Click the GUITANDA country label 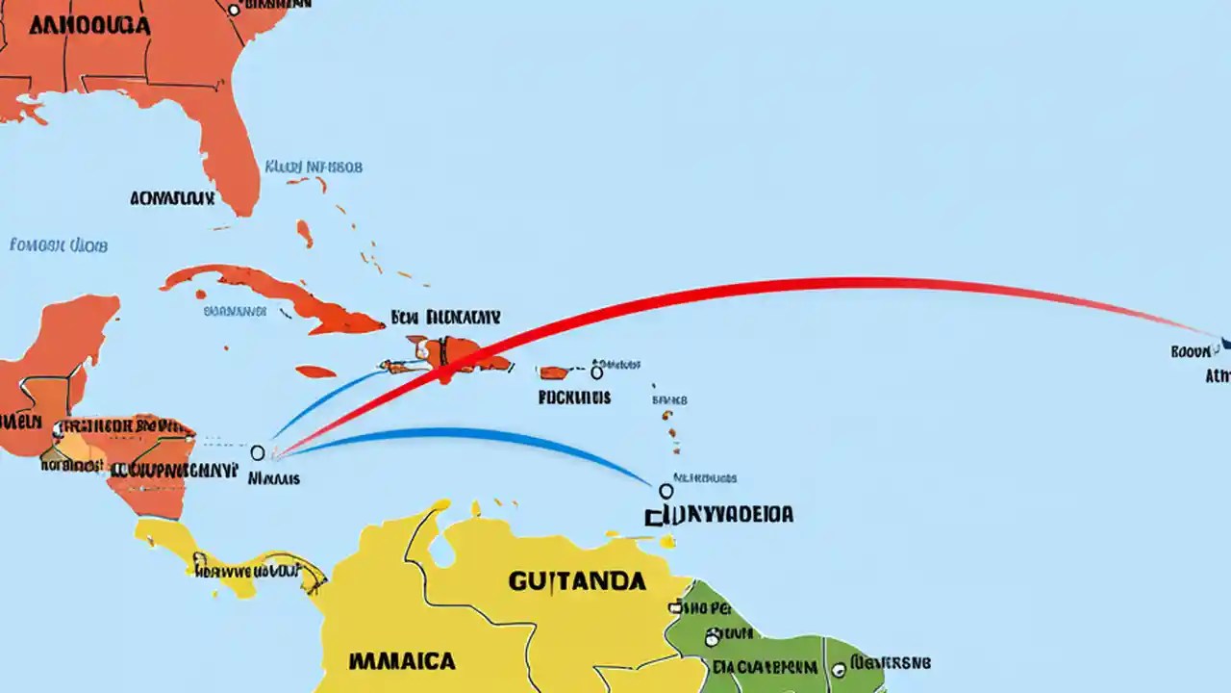coord(576,580)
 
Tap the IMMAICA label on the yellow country coord(402,661)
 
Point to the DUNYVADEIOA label coord(720,515)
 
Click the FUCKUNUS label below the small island coord(574,396)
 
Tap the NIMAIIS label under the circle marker coord(273,476)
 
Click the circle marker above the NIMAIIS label coord(257,451)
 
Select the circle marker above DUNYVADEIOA coord(666,491)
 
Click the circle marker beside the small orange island coord(596,372)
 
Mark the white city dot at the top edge coord(233,10)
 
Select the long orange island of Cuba coord(279,294)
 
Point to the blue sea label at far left coord(59,245)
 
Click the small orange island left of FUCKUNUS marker coord(554,372)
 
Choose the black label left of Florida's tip coord(172,199)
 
